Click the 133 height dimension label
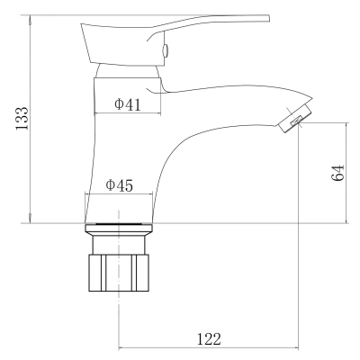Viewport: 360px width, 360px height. point(22,119)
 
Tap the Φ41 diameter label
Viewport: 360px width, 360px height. point(128,104)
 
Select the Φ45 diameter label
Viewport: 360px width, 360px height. point(119,185)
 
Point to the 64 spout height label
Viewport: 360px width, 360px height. point(337,173)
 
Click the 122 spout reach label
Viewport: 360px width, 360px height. point(209,339)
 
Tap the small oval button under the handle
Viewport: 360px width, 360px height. point(165,50)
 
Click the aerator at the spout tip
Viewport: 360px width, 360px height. point(295,117)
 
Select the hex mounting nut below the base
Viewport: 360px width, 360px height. point(119,273)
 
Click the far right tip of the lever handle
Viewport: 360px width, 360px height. point(269,18)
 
